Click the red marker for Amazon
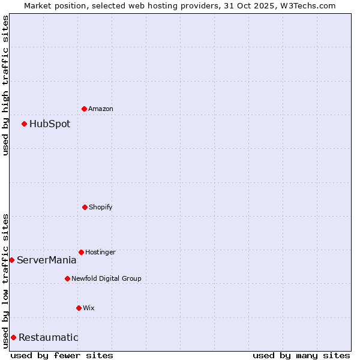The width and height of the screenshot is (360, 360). [x=84, y=109]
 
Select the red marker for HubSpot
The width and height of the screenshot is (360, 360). [x=24, y=124]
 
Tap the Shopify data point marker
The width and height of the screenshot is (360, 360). [x=85, y=207]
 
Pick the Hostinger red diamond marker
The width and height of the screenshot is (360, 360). [x=81, y=252]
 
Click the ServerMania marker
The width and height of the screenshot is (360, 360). [x=11, y=260]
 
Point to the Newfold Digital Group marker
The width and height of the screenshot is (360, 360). [x=67, y=278]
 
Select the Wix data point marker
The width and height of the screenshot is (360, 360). [x=79, y=308]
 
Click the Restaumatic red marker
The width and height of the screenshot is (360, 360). [x=13, y=337]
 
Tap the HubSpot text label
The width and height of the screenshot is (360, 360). [x=50, y=124]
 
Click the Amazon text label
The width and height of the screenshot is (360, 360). [x=101, y=109]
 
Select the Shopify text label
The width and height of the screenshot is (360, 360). [x=101, y=208]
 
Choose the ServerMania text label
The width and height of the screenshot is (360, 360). [x=46, y=260]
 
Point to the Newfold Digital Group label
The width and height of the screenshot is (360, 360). [x=106, y=279]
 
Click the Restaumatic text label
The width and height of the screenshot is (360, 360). [x=48, y=338]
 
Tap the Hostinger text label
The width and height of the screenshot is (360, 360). [x=100, y=253]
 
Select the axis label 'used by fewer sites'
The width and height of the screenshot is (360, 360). [x=62, y=355]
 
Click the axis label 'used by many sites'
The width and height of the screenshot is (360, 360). [x=301, y=355]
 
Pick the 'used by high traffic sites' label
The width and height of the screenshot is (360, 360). [x=5, y=85]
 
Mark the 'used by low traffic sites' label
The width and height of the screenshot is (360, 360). [x=5, y=280]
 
